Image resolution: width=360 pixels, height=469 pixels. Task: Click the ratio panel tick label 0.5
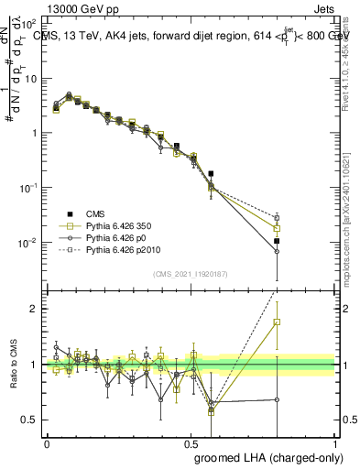click(31, 420)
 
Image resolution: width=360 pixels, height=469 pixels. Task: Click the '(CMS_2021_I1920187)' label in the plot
click(191, 273)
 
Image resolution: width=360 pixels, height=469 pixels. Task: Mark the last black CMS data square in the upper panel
click(277, 241)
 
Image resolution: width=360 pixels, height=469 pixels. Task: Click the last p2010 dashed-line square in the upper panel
click(277, 218)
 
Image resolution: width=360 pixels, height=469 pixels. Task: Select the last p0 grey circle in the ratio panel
click(277, 399)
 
